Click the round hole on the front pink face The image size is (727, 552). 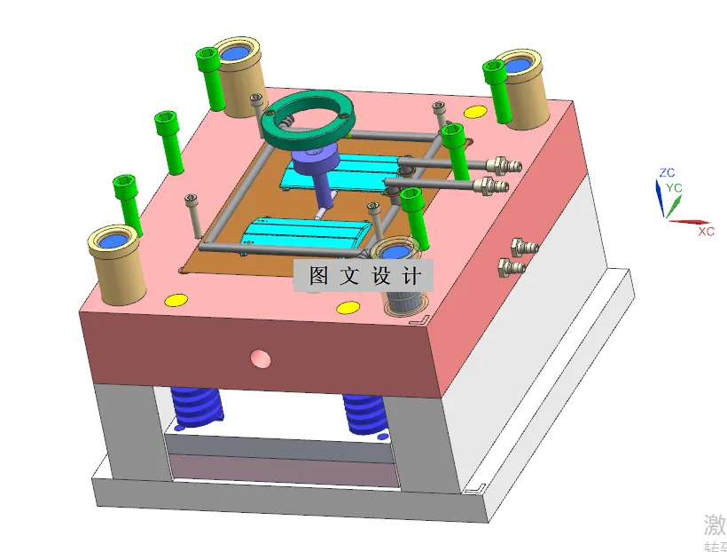pyautogui.click(x=260, y=358)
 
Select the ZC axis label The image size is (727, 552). pyautogui.click(x=667, y=172)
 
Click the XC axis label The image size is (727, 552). pyautogui.click(x=706, y=231)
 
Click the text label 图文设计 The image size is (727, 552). pyautogui.click(x=363, y=275)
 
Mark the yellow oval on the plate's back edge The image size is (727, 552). pyautogui.click(x=475, y=112)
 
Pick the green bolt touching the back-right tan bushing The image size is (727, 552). pyautogui.click(x=497, y=89)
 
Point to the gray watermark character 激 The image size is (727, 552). pyautogui.click(x=715, y=522)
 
